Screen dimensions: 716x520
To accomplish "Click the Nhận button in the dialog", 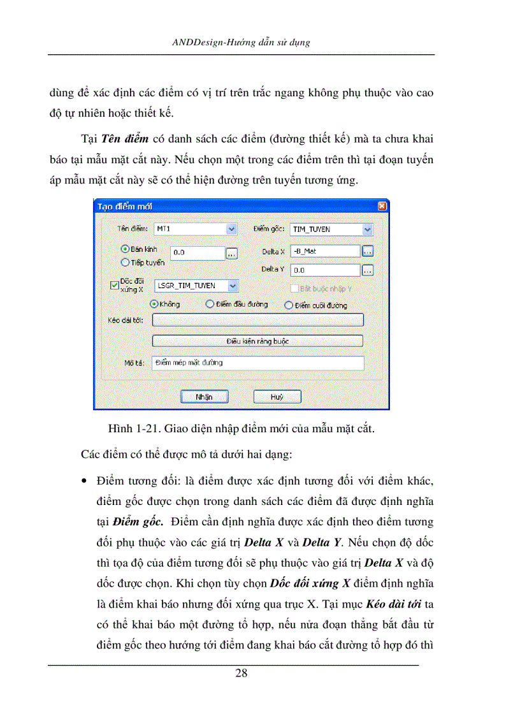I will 204,397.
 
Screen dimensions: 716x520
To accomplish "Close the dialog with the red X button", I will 382,207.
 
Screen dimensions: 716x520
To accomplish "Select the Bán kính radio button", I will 126,249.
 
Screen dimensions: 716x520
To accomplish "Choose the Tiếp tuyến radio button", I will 126,261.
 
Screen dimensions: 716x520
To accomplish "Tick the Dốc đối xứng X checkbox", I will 115,286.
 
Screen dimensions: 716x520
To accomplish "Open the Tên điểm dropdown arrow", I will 231,229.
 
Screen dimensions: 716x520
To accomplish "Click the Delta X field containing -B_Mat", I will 325,251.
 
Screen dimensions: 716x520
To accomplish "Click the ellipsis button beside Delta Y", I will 368,270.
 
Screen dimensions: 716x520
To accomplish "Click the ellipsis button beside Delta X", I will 368,251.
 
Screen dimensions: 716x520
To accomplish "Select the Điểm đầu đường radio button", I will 210,305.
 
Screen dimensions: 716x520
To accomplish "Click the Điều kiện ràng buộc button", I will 257,341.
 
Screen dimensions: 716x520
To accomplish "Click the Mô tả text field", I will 257,363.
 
